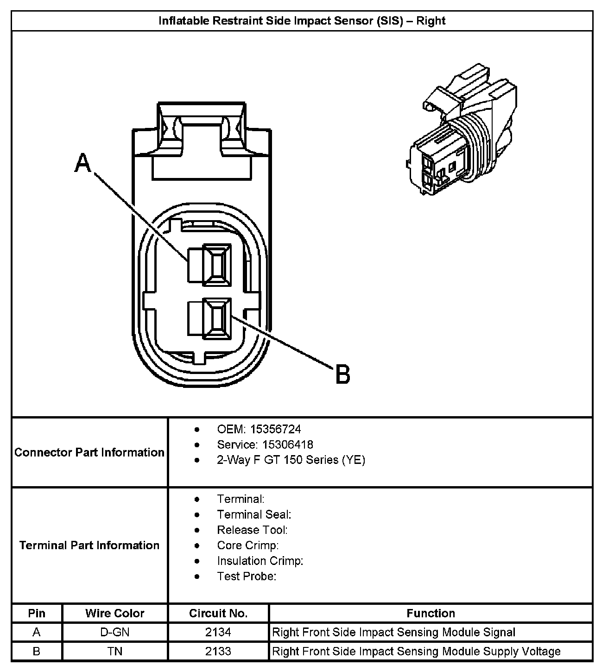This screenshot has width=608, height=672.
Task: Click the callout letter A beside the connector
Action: coord(83,163)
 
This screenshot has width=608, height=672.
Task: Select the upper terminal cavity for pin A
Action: coord(217,264)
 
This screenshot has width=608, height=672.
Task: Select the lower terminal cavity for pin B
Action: coord(217,317)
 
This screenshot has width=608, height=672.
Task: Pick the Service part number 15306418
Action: coord(287,444)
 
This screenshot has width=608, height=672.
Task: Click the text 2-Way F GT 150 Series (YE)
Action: coord(291,460)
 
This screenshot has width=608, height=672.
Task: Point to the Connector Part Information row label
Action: coord(89,452)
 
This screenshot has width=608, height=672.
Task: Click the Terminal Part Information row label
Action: coord(89,545)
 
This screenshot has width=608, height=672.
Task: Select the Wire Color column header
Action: coord(115,613)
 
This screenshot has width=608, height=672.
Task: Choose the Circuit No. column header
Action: coord(218,613)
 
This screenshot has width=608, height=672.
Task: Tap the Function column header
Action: coord(431,613)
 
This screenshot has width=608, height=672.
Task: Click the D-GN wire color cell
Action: coord(115,632)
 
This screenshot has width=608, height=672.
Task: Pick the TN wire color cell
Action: coord(115,651)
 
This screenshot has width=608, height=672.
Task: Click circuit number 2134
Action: coord(218,632)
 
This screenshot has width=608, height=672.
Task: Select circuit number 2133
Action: coord(218,651)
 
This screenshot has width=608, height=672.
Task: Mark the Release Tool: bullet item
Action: coord(252,530)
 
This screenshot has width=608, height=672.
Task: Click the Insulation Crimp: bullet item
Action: coord(260,561)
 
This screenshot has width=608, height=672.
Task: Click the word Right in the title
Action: coord(431,21)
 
